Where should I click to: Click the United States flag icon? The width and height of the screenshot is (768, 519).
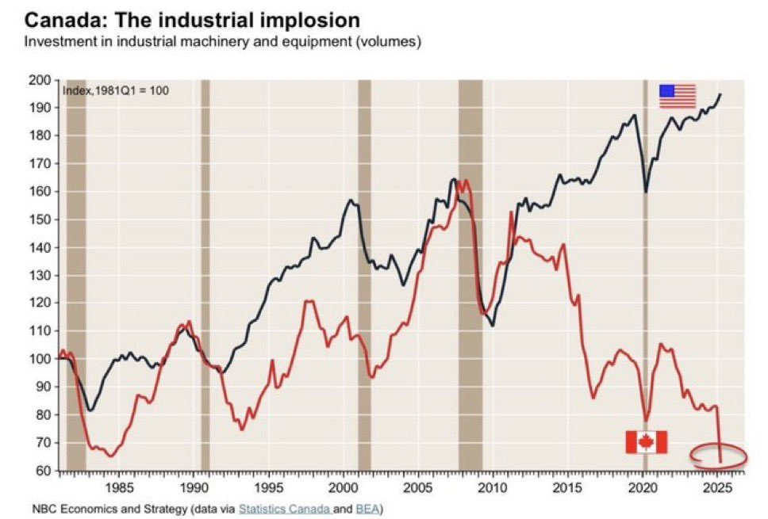(x=678, y=96)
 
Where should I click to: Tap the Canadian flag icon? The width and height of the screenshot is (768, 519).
(x=646, y=442)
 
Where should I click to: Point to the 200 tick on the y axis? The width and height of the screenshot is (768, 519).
(x=46, y=80)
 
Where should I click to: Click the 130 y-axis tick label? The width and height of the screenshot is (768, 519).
(x=46, y=275)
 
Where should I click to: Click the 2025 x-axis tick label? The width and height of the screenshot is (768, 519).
(x=718, y=486)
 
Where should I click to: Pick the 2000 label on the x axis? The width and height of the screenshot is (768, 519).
(x=344, y=486)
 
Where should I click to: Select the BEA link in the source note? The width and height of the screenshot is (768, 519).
(x=368, y=507)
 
